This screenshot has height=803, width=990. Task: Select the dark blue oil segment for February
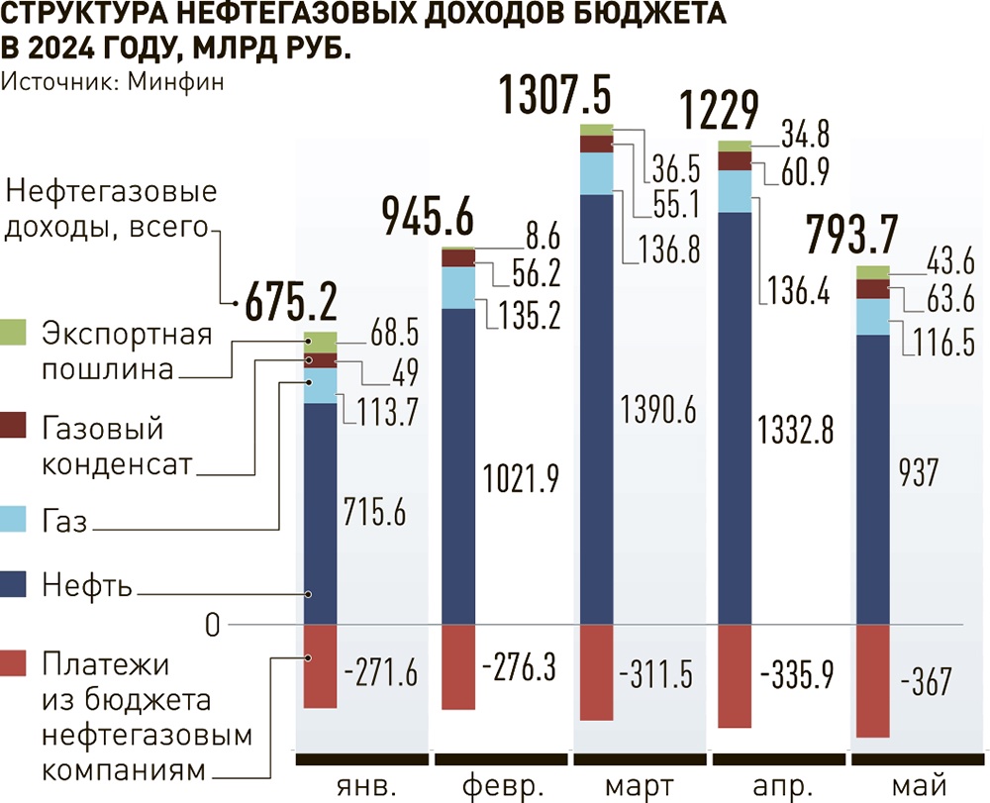pos(458,465)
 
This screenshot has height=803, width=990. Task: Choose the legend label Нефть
pos(87,586)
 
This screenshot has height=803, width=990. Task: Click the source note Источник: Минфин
pos(112,82)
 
